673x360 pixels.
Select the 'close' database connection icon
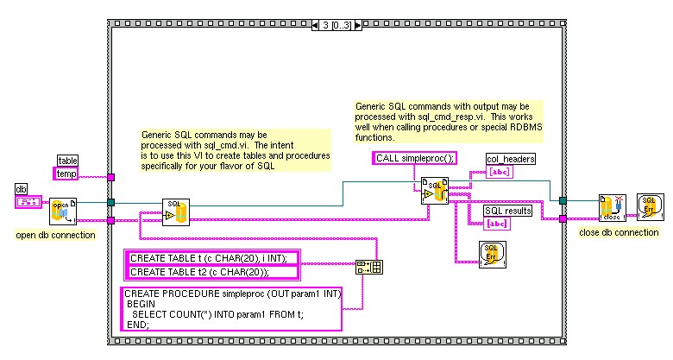point(613,206)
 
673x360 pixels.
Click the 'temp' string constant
point(66,174)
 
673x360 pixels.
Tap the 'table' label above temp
point(67,160)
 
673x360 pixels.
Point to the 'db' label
point(22,188)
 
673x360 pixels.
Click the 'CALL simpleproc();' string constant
point(415,158)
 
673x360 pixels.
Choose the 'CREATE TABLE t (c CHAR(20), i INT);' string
point(212,257)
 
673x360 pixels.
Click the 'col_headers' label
point(510,159)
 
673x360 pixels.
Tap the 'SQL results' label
point(507,210)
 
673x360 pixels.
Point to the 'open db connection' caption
point(56,235)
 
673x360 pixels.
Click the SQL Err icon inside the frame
point(493,254)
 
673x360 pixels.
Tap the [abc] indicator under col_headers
point(499,173)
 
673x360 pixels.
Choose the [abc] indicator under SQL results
point(498,224)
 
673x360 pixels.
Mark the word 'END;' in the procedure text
point(138,325)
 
